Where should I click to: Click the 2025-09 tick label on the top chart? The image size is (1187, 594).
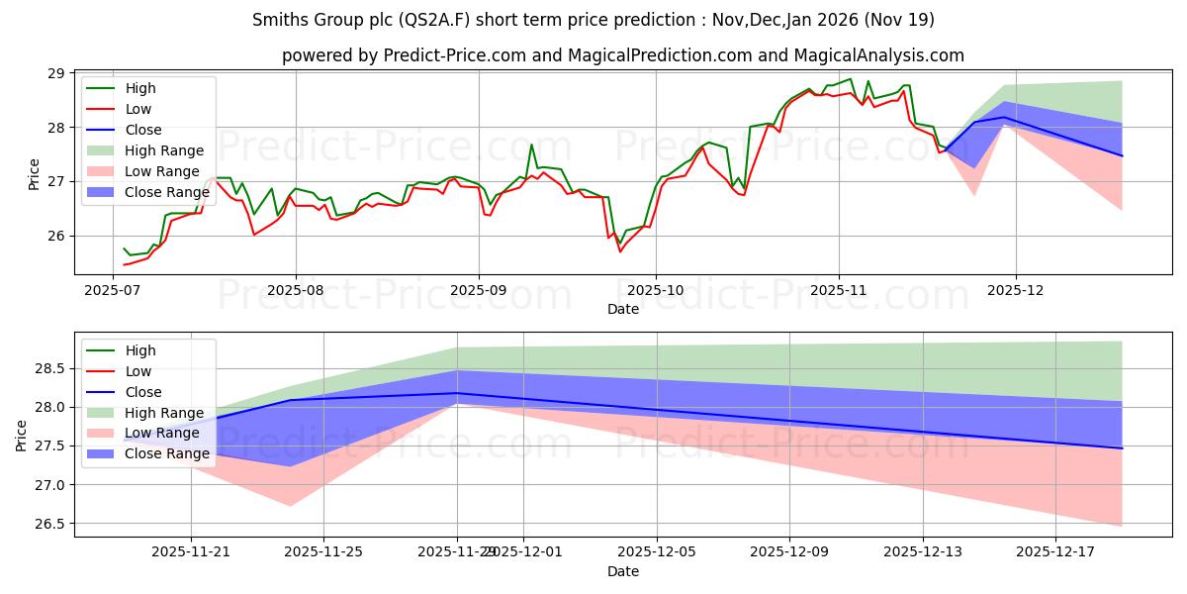(479, 291)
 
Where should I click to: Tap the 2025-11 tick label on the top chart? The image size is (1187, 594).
(839, 291)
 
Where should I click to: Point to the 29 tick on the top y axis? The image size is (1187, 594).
(55, 73)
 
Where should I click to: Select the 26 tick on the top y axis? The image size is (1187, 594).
(55, 236)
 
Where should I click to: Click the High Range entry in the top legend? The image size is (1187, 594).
(164, 150)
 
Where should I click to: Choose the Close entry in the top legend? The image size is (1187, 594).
(144, 130)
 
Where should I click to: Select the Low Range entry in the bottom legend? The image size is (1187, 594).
(163, 434)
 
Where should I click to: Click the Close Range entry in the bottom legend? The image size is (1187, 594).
(166, 454)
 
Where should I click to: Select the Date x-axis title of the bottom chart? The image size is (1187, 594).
(623, 571)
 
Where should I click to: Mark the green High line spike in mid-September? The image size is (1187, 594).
(531, 145)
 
